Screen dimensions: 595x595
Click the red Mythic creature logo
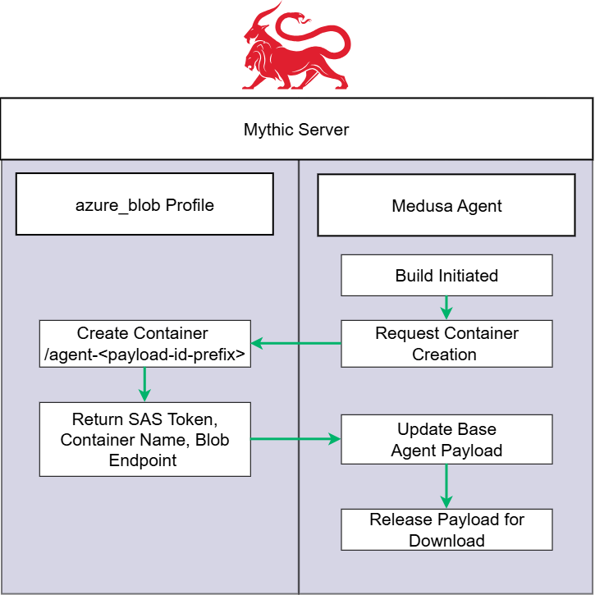[x=296, y=51]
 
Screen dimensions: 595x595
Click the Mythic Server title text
[x=296, y=130]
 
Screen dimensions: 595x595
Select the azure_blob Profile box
[x=144, y=204]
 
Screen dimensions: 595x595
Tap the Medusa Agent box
[x=446, y=205]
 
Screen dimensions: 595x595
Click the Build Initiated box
[x=446, y=275]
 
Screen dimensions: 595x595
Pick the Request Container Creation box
[x=446, y=344]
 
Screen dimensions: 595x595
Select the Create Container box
[x=144, y=344]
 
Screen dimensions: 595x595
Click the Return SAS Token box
[x=144, y=439]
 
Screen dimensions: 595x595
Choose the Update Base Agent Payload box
[x=446, y=439]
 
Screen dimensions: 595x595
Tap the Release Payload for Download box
[x=446, y=529]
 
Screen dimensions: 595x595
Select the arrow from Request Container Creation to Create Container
[x=295, y=343]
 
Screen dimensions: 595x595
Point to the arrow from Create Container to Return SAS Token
[x=144, y=384]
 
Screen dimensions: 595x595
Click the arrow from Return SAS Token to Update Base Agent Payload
[x=295, y=439]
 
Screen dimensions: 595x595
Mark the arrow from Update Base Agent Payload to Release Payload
[x=446, y=486]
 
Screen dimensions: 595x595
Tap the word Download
[x=446, y=541]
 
